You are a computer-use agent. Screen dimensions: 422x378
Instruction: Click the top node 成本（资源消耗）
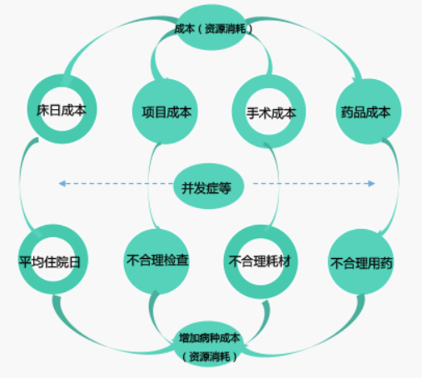tap(211, 27)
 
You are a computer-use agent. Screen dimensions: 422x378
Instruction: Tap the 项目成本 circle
tap(165, 112)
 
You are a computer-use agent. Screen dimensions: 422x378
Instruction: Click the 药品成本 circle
tap(369, 112)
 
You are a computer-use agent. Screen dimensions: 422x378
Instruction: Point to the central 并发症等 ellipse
tap(209, 186)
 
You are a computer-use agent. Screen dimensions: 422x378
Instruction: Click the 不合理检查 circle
tap(156, 261)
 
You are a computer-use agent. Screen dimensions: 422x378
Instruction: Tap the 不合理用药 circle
tap(360, 261)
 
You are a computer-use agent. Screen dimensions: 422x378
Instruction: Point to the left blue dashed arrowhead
tap(62, 183)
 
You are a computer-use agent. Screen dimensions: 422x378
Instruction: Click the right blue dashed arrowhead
tap(371, 183)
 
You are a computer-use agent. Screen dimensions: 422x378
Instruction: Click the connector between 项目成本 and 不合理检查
tap(148, 185)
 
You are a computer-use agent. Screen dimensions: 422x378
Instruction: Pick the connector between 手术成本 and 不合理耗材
tap(278, 185)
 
